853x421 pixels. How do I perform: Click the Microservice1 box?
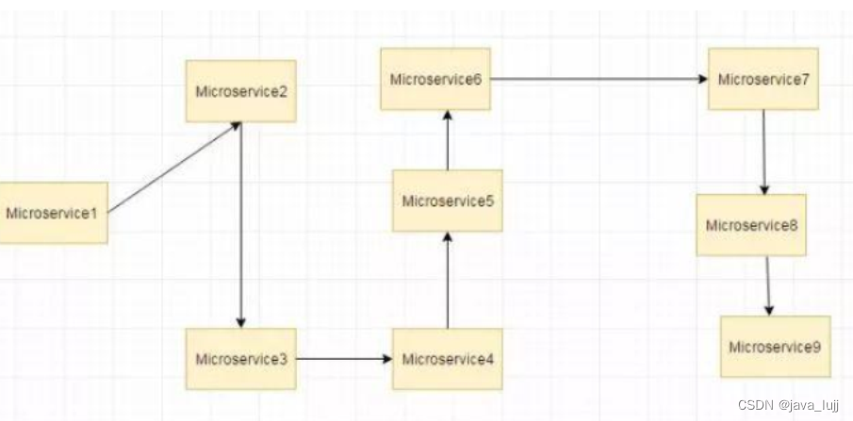(x=53, y=213)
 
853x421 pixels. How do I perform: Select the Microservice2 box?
(x=240, y=91)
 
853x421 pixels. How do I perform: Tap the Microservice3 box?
(x=240, y=359)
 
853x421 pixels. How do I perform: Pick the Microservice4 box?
(x=447, y=359)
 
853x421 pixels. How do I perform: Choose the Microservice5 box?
(x=447, y=201)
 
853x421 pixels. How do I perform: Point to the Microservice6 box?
(x=435, y=79)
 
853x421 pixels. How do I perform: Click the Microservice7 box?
(x=763, y=79)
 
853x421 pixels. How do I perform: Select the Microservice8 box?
(x=751, y=225)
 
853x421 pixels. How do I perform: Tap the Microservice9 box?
(x=775, y=347)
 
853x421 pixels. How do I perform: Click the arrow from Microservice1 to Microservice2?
(x=174, y=167)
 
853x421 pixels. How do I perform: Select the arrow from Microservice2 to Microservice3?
(x=241, y=226)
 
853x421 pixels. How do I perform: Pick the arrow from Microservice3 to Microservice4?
(x=344, y=359)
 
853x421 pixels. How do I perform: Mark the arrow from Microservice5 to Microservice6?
(x=448, y=140)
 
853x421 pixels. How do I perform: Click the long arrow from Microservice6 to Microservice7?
(x=599, y=79)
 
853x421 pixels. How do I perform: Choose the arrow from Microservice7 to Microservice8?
(x=764, y=152)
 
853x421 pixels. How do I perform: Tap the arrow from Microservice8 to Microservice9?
(x=768, y=285)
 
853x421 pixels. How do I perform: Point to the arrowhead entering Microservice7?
(x=702, y=79)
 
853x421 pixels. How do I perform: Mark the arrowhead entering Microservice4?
(x=386, y=359)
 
